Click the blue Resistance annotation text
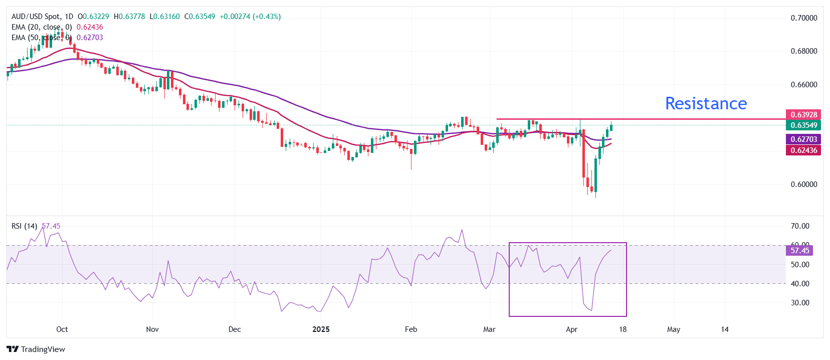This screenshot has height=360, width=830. pyautogui.click(x=706, y=103)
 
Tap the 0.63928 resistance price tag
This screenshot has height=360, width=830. pyautogui.click(x=803, y=115)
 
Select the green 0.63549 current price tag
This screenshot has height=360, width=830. pyautogui.click(x=803, y=125)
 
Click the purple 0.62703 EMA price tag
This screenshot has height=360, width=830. pyautogui.click(x=803, y=139)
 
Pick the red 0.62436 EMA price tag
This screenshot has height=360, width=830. pyautogui.click(x=803, y=150)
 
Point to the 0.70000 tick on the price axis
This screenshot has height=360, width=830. pyautogui.click(x=803, y=18)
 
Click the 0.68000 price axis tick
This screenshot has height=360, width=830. pyautogui.click(x=803, y=51)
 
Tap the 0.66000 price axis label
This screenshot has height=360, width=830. pyautogui.click(x=803, y=85)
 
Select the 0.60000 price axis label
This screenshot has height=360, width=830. pyautogui.click(x=803, y=185)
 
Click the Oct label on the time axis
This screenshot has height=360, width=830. pyautogui.click(x=62, y=329)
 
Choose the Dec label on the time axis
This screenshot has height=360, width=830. pyautogui.click(x=235, y=329)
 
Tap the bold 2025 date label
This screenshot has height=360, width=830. pyautogui.click(x=321, y=329)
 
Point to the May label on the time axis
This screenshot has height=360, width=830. pyautogui.click(x=674, y=329)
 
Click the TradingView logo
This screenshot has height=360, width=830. pyautogui.click(x=36, y=349)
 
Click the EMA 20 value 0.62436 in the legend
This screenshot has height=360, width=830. pyautogui.click(x=90, y=27)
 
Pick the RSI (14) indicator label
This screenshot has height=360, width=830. pyautogui.click(x=24, y=226)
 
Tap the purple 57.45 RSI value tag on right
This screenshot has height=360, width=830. pyautogui.click(x=799, y=251)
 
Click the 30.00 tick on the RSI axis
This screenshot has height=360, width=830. pyautogui.click(x=800, y=303)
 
